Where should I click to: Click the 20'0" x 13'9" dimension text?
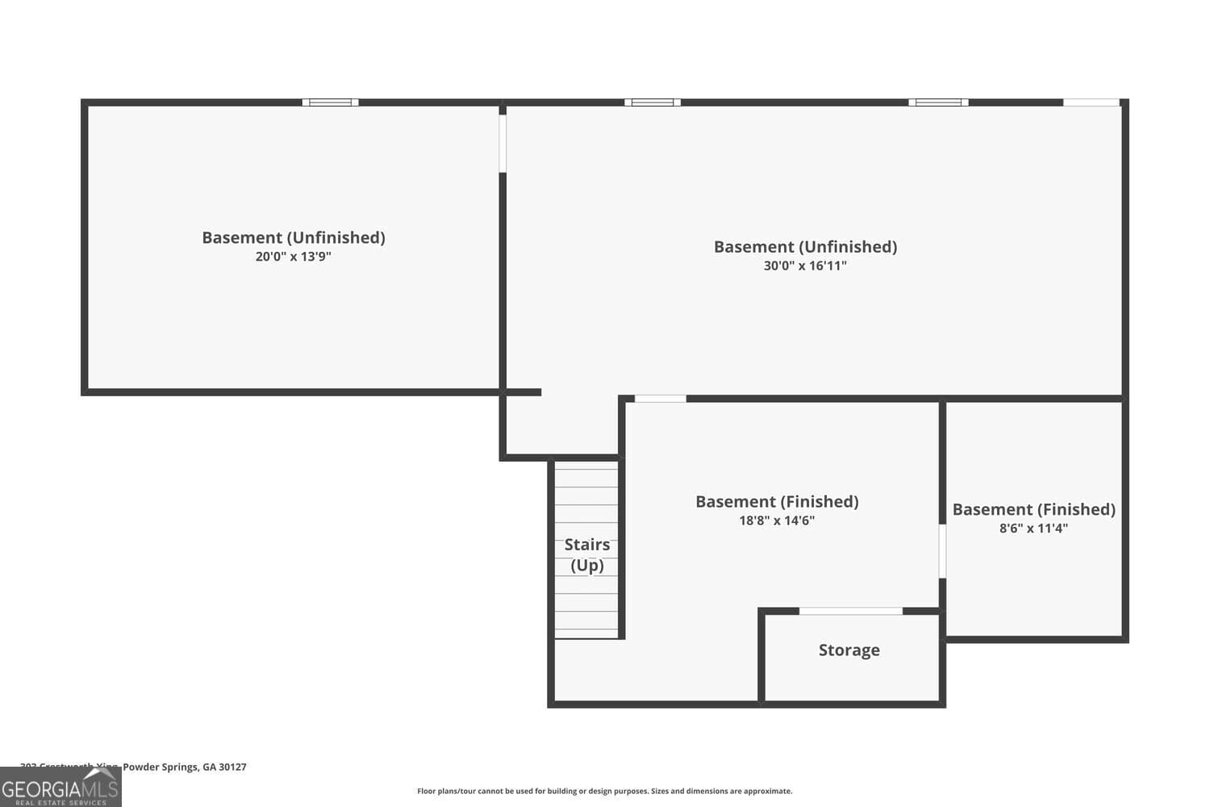[293, 257]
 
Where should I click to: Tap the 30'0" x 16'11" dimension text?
[805, 266]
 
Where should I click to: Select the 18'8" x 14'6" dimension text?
[777, 521]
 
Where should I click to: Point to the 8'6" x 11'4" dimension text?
[1033, 529]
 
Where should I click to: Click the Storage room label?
[849, 650]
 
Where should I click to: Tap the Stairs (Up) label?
[587, 554]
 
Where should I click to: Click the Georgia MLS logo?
[60, 787]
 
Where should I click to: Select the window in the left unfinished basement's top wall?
[331, 102]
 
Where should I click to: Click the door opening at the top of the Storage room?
[850, 612]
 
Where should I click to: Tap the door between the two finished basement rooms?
[942, 551]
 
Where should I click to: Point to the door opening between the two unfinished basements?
[503, 144]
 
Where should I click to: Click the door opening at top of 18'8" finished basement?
[660, 399]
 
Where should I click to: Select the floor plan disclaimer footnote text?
[604, 791]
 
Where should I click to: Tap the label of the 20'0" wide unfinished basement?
[293, 237]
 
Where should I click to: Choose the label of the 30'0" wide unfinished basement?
[805, 247]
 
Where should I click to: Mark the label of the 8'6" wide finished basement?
[1033, 509]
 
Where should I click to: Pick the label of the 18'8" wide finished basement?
[777, 502]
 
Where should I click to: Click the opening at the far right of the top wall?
[1091, 102]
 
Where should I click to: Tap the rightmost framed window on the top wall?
[938, 102]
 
